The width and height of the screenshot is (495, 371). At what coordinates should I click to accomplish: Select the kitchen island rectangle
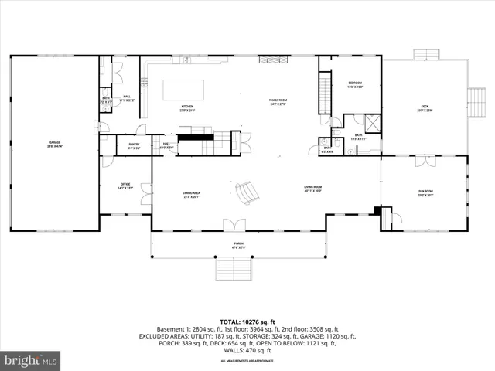point(183,89)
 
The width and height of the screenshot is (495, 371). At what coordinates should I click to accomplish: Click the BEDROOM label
point(355,84)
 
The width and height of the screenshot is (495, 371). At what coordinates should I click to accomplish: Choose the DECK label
point(425,107)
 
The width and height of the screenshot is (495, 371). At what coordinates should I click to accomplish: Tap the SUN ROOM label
point(425,193)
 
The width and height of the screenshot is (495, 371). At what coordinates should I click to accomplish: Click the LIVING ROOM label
point(312,188)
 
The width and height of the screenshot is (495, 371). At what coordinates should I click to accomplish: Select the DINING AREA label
point(192,194)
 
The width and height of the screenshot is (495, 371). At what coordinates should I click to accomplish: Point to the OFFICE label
point(125,185)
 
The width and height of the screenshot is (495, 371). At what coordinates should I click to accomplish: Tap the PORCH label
point(239,245)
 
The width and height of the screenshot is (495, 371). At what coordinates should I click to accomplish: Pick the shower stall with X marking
point(372,122)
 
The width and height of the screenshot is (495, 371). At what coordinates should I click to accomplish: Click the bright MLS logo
point(31,360)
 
